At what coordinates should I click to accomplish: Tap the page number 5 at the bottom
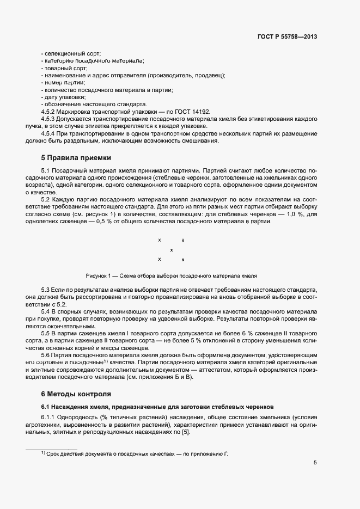(315, 463)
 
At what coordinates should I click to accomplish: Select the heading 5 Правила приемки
(76, 158)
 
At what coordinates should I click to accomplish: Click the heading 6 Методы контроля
(76, 393)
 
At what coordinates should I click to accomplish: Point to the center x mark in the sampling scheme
(172, 250)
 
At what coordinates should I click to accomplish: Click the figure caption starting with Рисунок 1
(171, 275)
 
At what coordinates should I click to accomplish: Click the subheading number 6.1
(46, 407)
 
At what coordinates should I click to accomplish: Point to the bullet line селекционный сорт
(71, 54)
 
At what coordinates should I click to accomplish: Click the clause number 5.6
(46, 355)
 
